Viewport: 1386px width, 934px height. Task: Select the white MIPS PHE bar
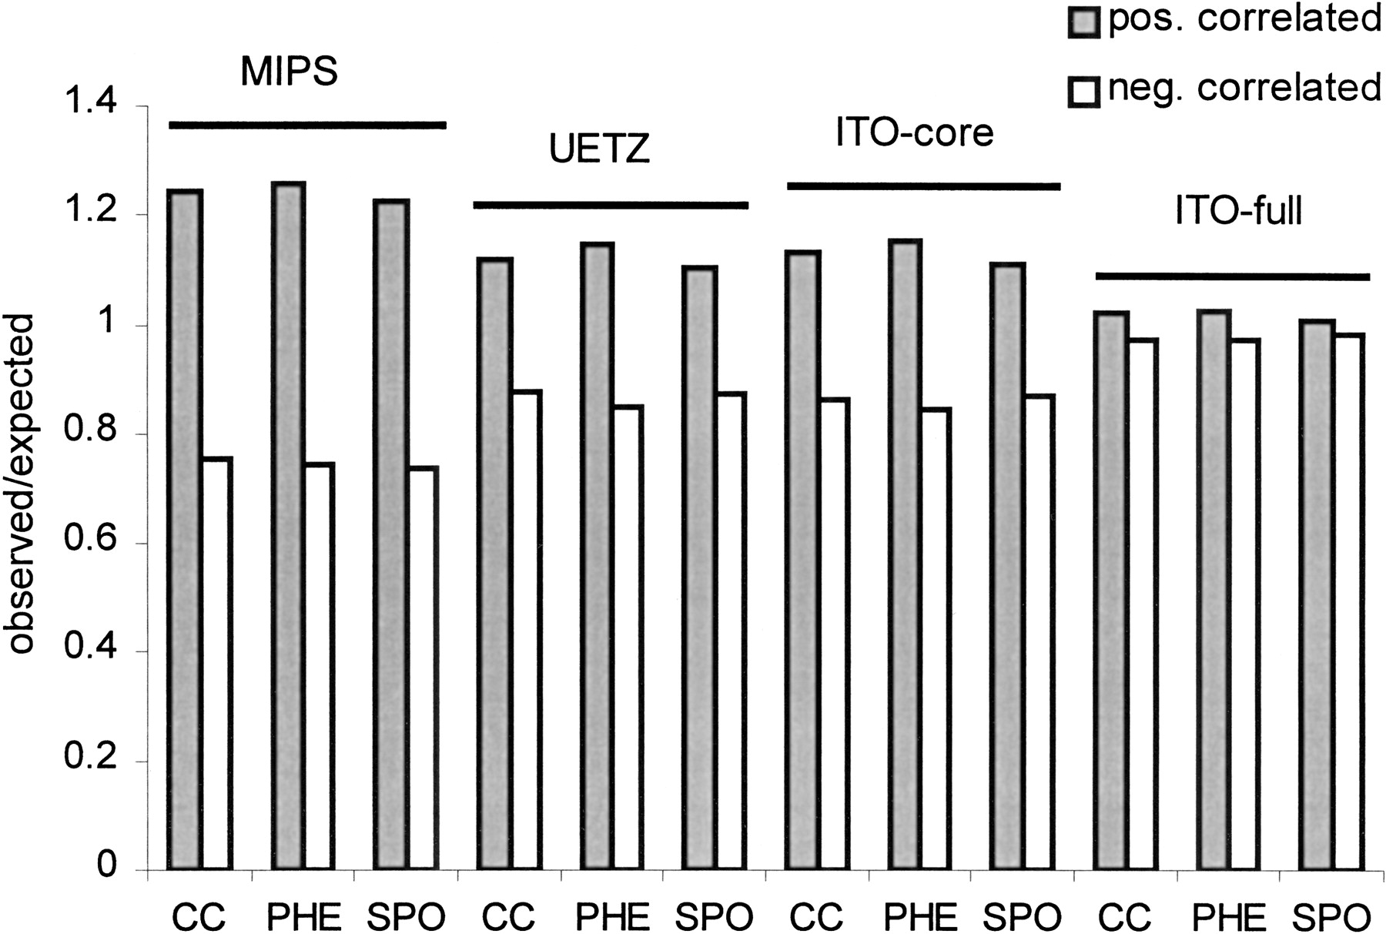(318, 666)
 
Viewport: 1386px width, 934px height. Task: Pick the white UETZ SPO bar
(729, 631)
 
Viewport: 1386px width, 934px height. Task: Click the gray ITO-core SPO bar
(1008, 566)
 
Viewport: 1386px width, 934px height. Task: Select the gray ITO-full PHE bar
(1214, 590)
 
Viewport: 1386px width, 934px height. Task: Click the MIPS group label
(290, 72)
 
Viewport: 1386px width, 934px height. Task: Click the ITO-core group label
(915, 132)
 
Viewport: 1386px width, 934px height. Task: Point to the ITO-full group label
(1239, 211)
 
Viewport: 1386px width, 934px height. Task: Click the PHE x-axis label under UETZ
(613, 916)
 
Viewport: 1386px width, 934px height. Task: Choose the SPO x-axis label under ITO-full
(1331, 916)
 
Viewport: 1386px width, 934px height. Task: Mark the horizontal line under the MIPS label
(307, 125)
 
